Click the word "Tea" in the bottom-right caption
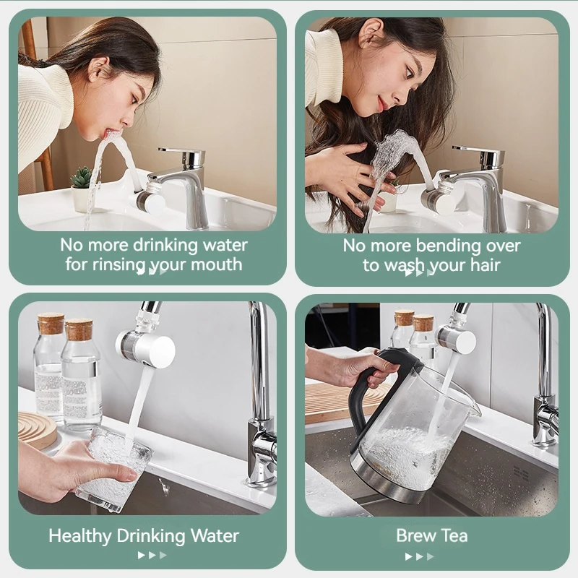tap(452, 536)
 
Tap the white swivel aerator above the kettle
tap(457, 338)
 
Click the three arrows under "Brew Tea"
tap(420, 556)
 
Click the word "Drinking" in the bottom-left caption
tap(152, 536)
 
